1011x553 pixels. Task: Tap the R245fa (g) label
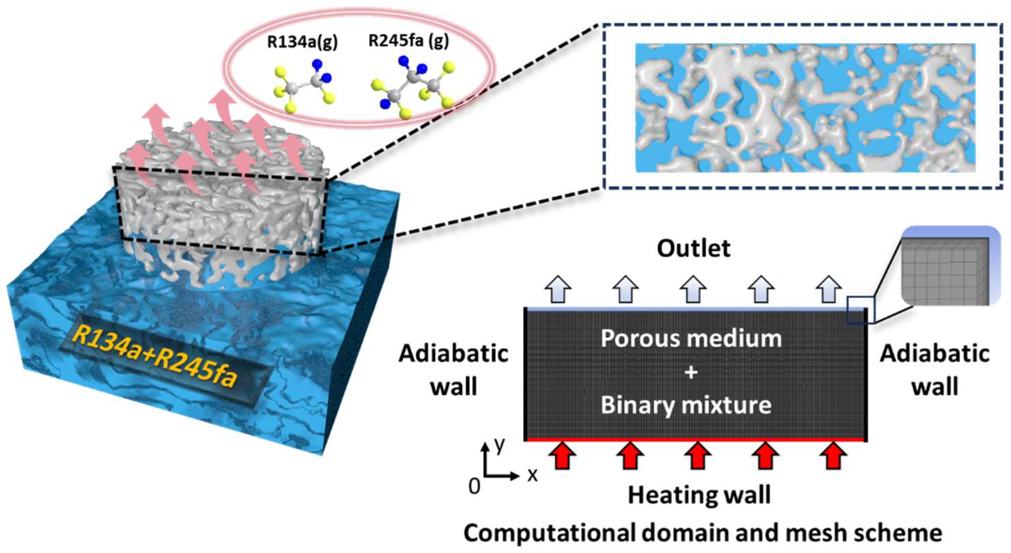tap(408, 41)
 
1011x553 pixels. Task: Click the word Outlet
tap(693, 248)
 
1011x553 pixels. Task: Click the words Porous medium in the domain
tap(691, 338)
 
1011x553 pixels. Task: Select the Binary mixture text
tap(686, 405)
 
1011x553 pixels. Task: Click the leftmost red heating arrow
tap(562, 455)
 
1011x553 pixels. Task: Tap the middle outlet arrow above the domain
tap(693, 289)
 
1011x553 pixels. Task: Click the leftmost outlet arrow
tap(558, 289)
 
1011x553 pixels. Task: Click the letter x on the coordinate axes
tap(532, 475)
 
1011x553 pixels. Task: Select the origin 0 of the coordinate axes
tap(474, 487)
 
